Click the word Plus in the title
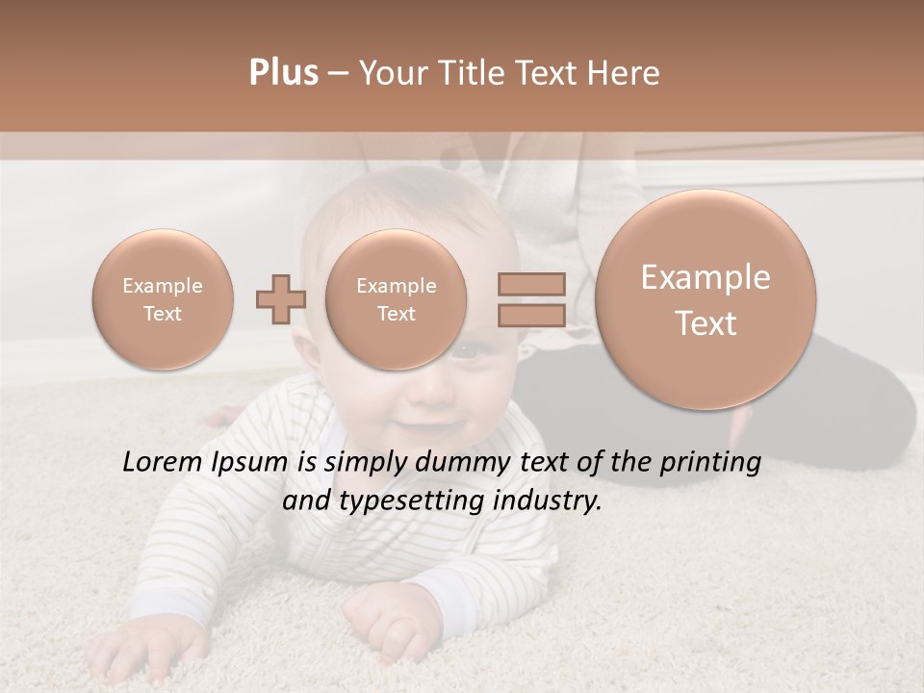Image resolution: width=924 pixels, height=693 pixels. (x=283, y=73)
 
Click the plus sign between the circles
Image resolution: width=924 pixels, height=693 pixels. (x=280, y=299)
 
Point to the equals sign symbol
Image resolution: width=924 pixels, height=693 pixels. (x=531, y=299)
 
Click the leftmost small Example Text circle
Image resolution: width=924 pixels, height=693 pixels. (x=163, y=299)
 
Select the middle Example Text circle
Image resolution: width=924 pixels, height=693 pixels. (x=396, y=299)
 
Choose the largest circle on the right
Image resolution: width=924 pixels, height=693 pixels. (x=706, y=299)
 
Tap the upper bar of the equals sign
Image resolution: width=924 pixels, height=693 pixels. (x=531, y=284)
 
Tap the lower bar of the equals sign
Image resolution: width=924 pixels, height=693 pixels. (x=531, y=315)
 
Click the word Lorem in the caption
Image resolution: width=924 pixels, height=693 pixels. (x=162, y=463)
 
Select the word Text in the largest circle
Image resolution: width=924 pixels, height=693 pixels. (x=706, y=323)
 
